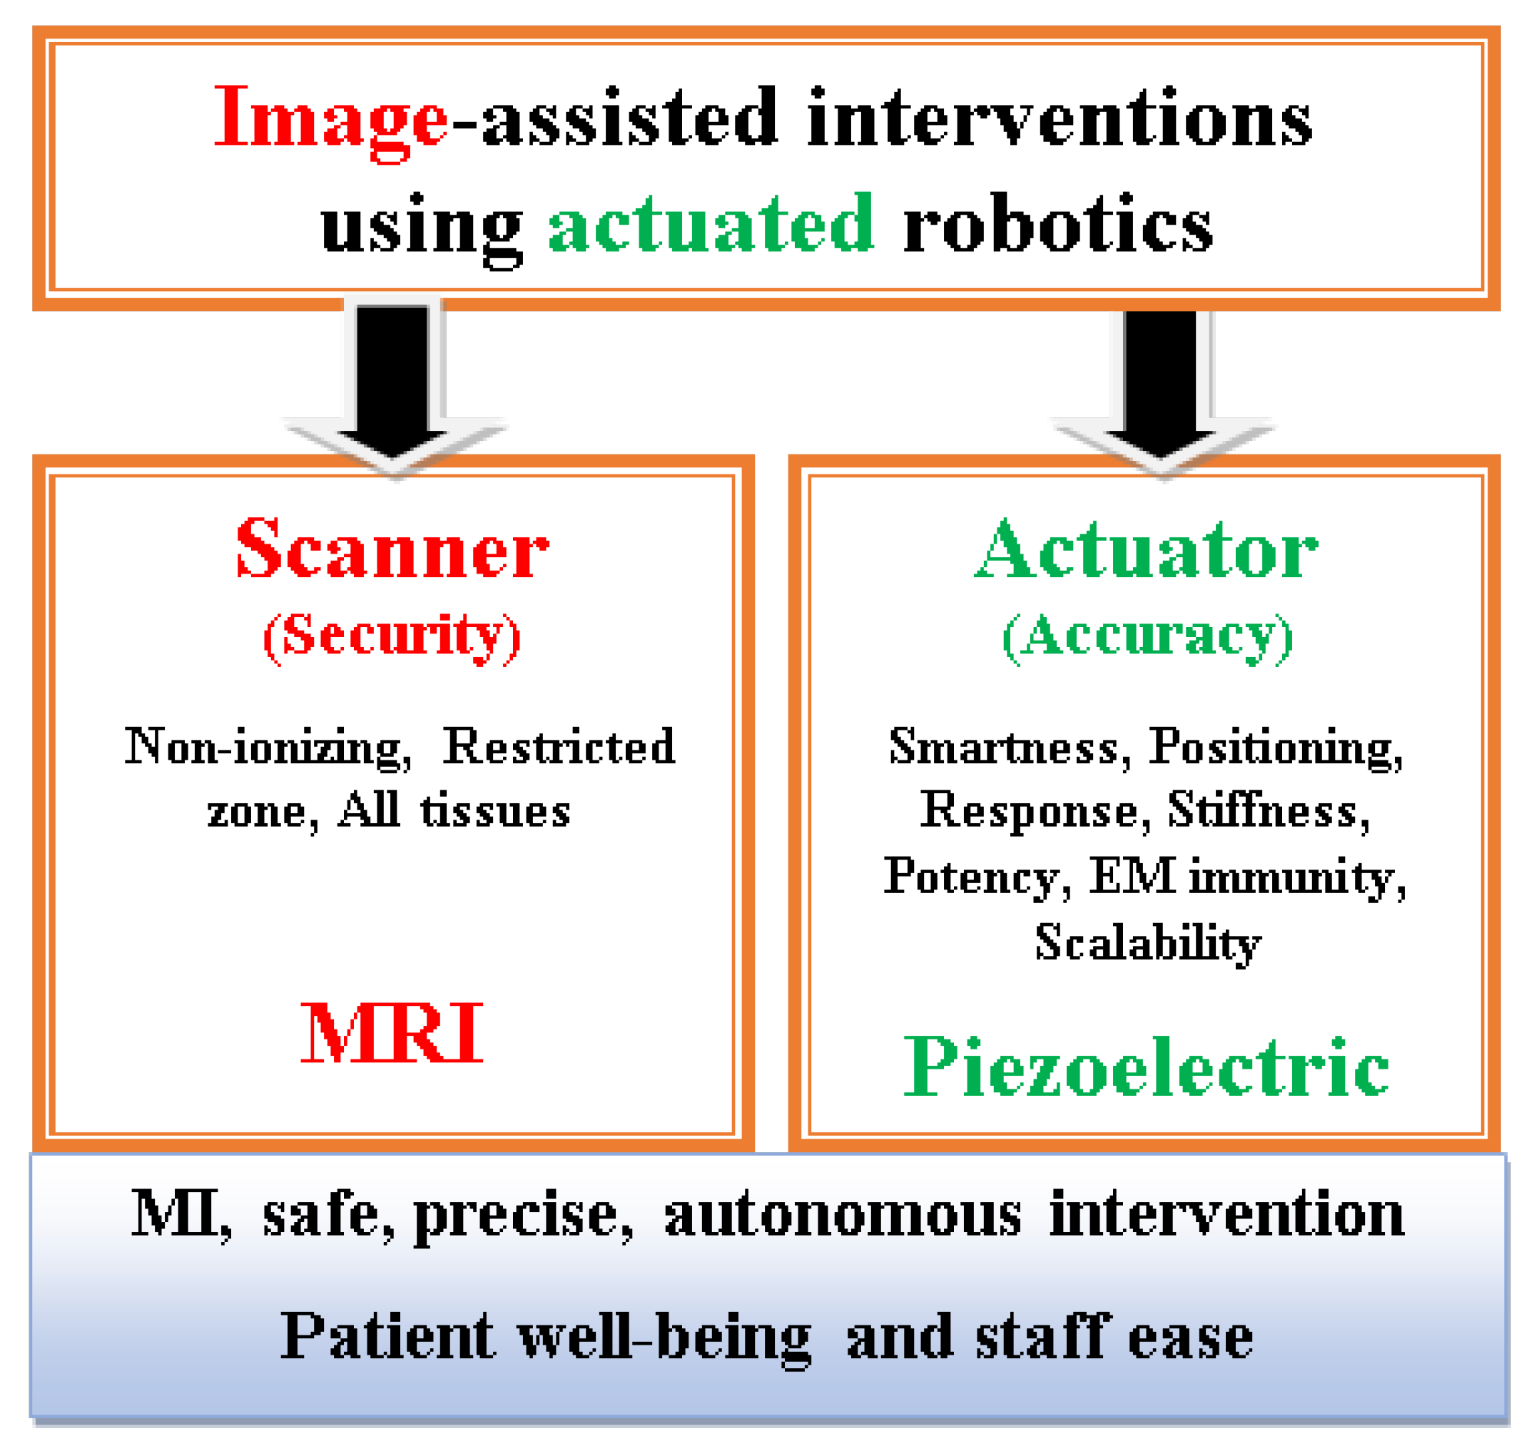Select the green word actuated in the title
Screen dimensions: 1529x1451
point(711,224)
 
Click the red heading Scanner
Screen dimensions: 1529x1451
point(392,549)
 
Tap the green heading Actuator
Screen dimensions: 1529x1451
point(1145,549)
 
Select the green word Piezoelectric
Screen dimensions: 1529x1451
point(1146,1067)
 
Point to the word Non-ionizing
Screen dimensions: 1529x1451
point(267,747)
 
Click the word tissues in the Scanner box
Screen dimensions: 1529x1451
point(496,811)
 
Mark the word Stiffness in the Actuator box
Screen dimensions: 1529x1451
point(1268,811)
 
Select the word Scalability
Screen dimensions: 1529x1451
point(1148,943)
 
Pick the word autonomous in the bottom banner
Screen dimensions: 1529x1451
point(843,1215)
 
